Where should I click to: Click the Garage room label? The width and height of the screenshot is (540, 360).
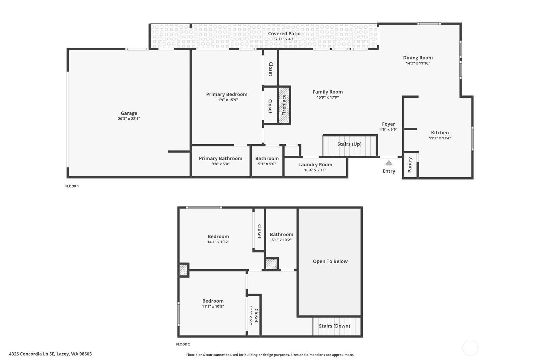[129, 113]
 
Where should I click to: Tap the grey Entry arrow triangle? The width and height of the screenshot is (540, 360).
[389, 163]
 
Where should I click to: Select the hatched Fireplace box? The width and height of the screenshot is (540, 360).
[284, 105]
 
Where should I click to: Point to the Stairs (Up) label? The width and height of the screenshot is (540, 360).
[349, 144]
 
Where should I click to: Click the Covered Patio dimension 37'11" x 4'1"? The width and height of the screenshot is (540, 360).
[284, 39]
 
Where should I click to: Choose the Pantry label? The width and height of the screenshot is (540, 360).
[410, 165]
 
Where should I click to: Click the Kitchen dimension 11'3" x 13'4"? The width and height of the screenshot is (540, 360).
[440, 138]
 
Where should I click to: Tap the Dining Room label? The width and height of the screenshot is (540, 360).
[418, 58]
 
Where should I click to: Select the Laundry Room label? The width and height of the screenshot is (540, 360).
[315, 165]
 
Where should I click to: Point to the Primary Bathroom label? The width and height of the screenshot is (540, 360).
[221, 159]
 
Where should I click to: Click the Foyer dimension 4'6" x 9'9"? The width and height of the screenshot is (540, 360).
[388, 130]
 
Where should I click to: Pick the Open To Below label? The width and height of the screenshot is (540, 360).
[330, 261]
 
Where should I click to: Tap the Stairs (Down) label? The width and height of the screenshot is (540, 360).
[334, 326]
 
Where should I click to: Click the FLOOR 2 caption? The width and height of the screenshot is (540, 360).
[183, 344]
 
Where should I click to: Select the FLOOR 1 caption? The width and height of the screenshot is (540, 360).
[72, 186]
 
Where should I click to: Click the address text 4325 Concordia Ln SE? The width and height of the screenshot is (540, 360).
[32, 354]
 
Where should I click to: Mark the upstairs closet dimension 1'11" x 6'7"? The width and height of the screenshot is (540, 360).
[251, 316]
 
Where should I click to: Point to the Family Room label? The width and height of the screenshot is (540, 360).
[328, 92]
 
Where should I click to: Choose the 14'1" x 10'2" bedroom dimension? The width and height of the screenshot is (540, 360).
[218, 242]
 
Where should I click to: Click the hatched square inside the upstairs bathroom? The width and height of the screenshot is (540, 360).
[271, 264]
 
